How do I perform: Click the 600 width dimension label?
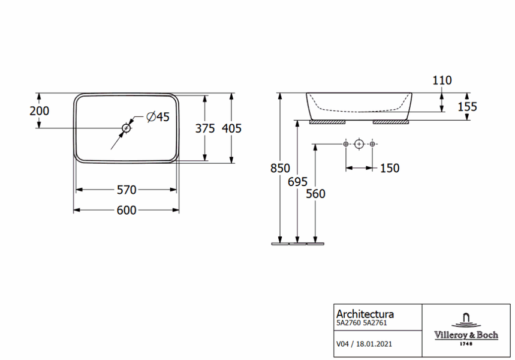pos(127,211)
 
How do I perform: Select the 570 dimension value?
pos(127,190)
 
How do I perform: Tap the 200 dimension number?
pos(40,111)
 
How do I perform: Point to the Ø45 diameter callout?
pos(158,117)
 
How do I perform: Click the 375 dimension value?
pos(205,128)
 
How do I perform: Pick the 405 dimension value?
pos(231,128)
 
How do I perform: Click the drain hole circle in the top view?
pos(127,128)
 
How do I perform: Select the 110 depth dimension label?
pos(442,80)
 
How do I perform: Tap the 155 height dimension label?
pos(468,107)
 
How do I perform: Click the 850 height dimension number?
pos(280,169)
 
